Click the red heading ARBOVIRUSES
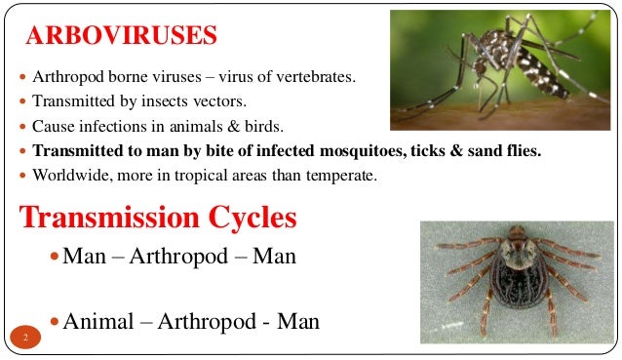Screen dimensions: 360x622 coord(120,37)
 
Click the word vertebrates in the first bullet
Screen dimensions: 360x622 coord(317,78)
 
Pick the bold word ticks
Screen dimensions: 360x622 coord(419,151)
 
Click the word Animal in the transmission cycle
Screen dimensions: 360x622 coord(97,321)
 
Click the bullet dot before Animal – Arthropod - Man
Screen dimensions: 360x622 coord(55,321)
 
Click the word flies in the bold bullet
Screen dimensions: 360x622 coord(522,151)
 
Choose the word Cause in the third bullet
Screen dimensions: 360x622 coord(52,127)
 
